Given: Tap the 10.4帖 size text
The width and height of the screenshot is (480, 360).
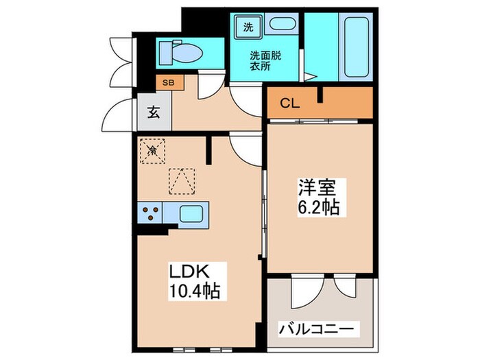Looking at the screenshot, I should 195,291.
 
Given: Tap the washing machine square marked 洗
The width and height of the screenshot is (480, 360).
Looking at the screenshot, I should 248,27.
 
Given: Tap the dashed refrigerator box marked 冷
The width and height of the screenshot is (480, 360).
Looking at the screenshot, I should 152,150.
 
